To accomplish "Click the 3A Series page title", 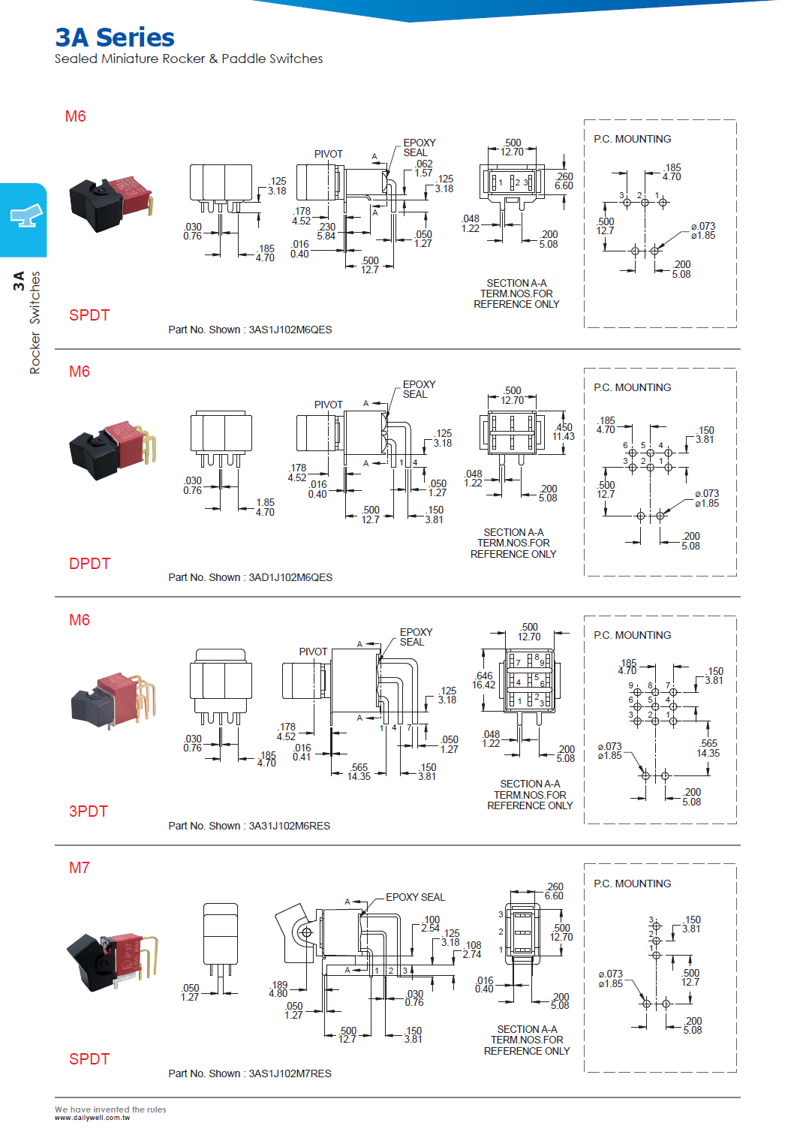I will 115,37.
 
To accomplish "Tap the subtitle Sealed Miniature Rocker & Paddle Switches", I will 188,59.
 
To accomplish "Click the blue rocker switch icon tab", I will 24,218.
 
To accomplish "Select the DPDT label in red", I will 89,564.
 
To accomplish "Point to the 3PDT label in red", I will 89,811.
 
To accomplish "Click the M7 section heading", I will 79,868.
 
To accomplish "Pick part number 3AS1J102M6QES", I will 290,330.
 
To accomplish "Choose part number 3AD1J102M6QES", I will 290,577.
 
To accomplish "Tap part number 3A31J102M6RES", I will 289,826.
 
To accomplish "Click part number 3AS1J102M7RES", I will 290,1073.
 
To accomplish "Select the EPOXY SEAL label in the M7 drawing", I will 415,897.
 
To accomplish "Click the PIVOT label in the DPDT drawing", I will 328,405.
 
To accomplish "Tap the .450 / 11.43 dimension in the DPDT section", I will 564,432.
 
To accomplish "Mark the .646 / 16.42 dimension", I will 484,680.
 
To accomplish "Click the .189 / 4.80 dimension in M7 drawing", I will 278,989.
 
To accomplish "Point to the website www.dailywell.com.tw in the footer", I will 92,1118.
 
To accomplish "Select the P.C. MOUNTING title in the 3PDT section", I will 632,635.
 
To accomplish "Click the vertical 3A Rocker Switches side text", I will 27,323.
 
